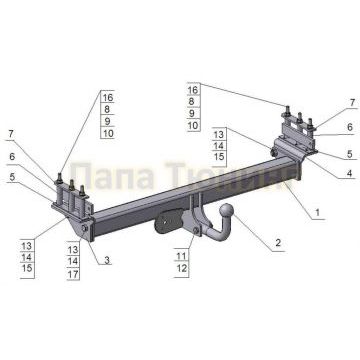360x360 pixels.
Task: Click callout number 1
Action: click(x=317, y=212)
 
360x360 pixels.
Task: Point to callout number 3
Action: click(x=107, y=260)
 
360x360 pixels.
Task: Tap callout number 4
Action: click(x=349, y=173)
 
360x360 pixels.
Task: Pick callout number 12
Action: click(x=181, y=270)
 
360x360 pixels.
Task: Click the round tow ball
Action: click(x=228, y=216)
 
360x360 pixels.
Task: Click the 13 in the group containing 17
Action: click(x=74, y=246)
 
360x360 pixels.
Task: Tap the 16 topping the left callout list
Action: click(x=108, y=96)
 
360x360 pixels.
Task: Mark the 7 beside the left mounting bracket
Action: click(x=12, y=133)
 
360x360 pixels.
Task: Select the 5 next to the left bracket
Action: click(x=12, y=177)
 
